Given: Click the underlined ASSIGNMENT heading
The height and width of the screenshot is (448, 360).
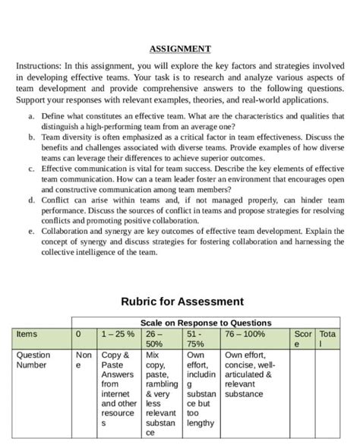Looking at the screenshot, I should pyautogui.click(x=180, y=49).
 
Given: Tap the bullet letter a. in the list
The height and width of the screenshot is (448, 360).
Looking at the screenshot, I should pyautogui.click(x=30, y=116).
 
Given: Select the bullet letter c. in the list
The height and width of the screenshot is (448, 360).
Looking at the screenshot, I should pyautogui.click(x=30, y=168).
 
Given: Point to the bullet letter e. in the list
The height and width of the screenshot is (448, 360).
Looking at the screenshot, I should pyautogui.click(x=30, y=229).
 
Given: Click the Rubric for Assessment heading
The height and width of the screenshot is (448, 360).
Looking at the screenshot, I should pyautogui.click(x=180, y=301).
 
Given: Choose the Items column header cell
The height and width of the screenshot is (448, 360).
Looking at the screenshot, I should pyautogui.click(x=27, y=333).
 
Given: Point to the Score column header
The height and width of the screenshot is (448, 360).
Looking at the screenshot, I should pyautogui.click(x=303, y=339).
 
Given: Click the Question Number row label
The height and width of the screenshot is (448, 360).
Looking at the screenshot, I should pyautogui.click(x=33, y=360).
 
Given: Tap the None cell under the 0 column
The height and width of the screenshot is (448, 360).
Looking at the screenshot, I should pyautogui.click(x=83, y=360).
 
